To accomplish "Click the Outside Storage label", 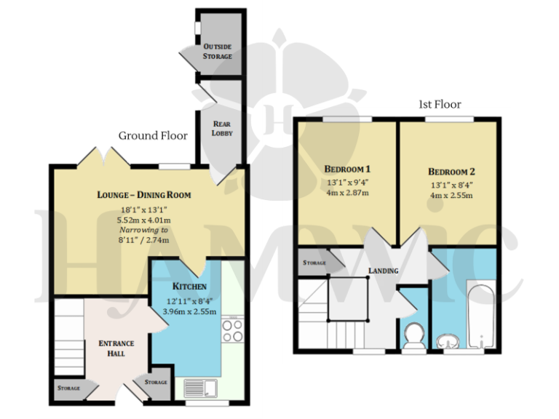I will [x=218, y=51].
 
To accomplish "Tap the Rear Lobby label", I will [x=221, y=129].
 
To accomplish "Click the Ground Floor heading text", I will [x=153, y=135].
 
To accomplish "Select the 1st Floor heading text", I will [x=439, y=104].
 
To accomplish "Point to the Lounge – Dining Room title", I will [x=144, y=195].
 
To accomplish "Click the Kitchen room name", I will [x=189, y=287].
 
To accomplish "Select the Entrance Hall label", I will [x=117, y=348].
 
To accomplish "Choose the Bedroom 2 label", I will [x=451, y=172].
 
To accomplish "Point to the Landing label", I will [x=383, y=271].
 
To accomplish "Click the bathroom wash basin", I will [x=448, y=341].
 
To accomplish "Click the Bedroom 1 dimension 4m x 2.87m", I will [x=346, y=193].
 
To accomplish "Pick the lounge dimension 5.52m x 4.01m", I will [x=144, y=219].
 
